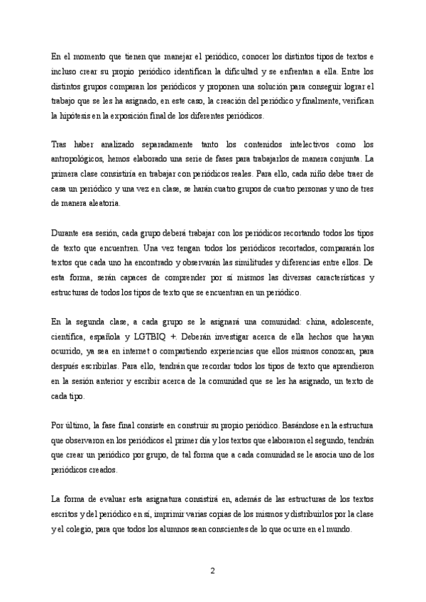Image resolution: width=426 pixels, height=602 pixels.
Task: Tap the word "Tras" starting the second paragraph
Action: (x=60, y=145)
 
